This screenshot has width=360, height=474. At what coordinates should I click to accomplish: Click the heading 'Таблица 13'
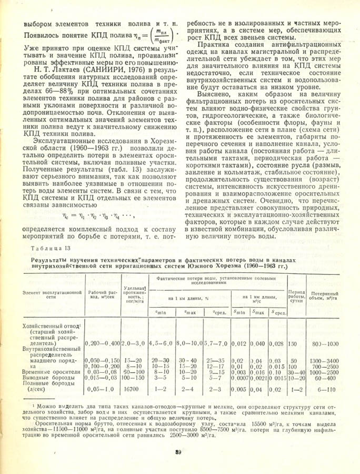point(47,249)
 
